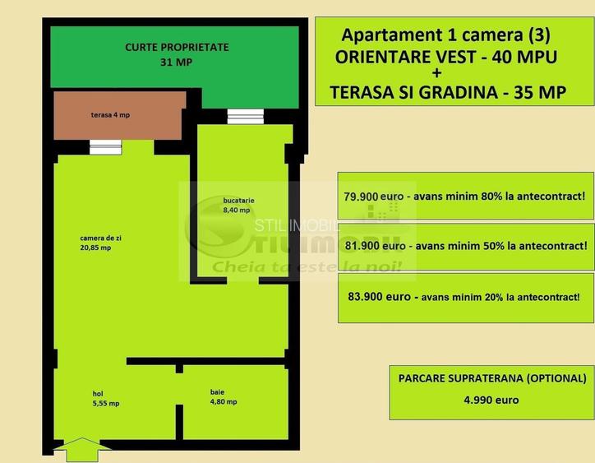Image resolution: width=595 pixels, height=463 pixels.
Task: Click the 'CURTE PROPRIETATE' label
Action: [177, 48]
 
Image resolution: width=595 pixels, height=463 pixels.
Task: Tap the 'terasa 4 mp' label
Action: [110, 115]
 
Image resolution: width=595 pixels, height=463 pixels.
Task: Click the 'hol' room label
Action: [98, 393]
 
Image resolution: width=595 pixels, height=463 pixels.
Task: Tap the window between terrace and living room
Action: [105, 147]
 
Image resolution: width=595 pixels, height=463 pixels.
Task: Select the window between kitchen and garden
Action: [245, 116]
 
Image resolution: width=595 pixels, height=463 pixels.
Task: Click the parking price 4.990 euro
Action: [491, 400]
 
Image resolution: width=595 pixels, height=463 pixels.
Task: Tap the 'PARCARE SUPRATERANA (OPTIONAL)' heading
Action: [491, 379]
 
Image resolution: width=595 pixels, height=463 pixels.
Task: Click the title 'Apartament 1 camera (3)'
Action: [445, 35]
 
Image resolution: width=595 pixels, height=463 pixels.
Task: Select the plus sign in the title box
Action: [446, 74]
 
